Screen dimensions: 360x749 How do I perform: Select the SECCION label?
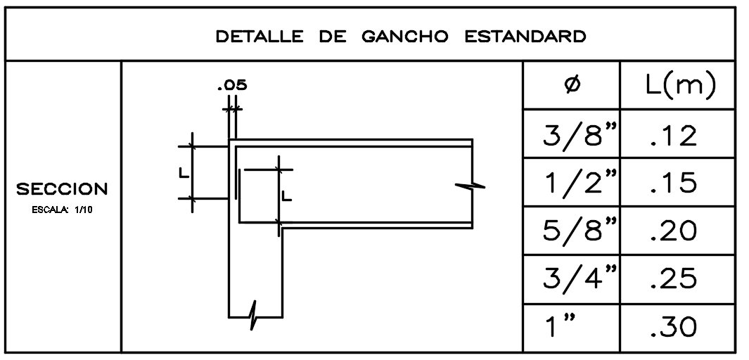coord(63,189)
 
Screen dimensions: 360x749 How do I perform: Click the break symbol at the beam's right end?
coord(471,186)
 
